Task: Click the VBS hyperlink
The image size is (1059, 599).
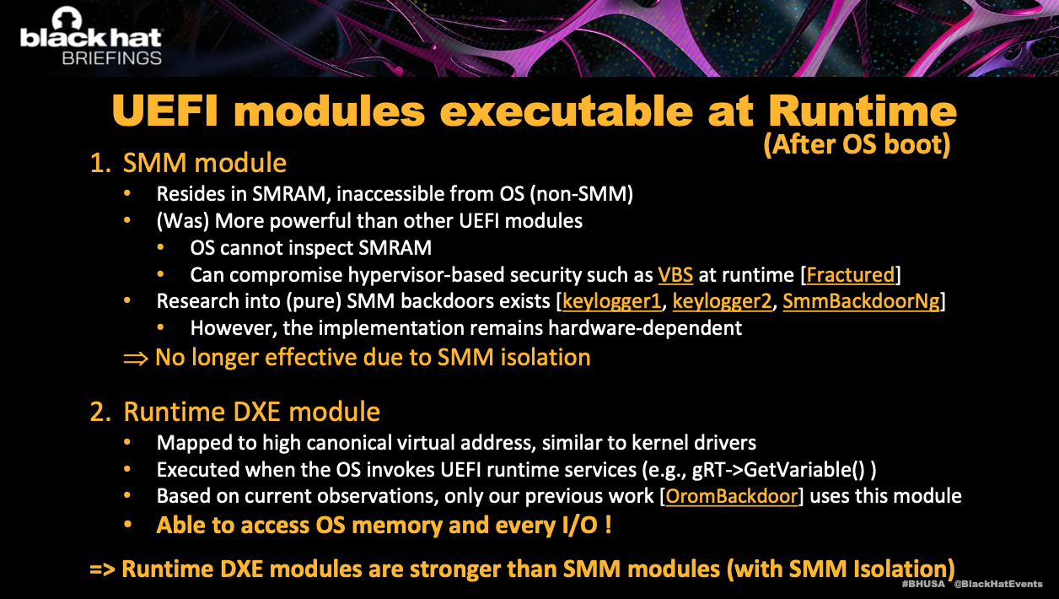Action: coord(675,275)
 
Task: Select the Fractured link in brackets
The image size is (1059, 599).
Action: coord(851,275)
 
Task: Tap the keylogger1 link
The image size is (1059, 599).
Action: coord(612,301)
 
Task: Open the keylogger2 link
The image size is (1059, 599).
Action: coord(722,301)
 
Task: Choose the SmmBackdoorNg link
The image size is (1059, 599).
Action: coord(862,301)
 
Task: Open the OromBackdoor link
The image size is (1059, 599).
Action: coord(732,496)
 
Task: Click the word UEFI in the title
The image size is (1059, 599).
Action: coord(165,111)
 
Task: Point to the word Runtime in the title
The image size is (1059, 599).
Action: coord(863,111)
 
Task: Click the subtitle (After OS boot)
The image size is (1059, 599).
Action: coord(857,144)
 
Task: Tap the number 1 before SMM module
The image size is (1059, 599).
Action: coord(100,163)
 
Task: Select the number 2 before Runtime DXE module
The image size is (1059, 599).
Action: coord(100,412)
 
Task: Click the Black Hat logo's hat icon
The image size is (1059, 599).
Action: coord(67,18)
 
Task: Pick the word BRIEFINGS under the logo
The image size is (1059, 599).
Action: coord(112,58)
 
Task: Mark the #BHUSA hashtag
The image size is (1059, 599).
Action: coord(923,584)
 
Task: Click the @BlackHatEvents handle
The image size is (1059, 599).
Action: coord(998,584)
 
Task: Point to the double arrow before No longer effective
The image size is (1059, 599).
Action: coord(136,359)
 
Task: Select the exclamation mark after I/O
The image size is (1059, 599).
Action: coord(608,526)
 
